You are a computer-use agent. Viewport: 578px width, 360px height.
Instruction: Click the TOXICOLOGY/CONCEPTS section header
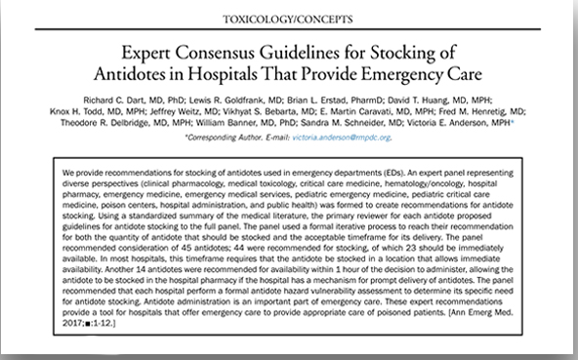[x=289, y=20]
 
